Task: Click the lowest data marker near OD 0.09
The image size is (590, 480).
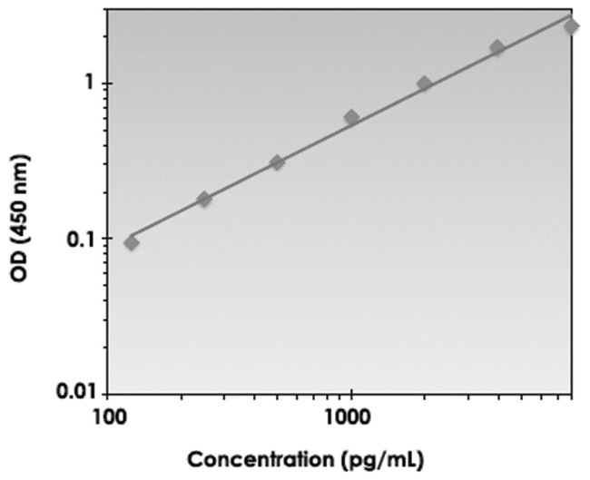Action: pos(132,242)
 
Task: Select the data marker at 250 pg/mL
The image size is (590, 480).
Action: pos(204,199)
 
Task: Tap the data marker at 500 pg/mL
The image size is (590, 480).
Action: pos(278,162)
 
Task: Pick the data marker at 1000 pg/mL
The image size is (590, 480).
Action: pos(351,117)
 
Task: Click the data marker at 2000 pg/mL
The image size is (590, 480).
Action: pos(424,83)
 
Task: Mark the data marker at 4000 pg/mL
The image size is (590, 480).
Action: pos(497,47)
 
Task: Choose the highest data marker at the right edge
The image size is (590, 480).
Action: pos(571,25)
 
